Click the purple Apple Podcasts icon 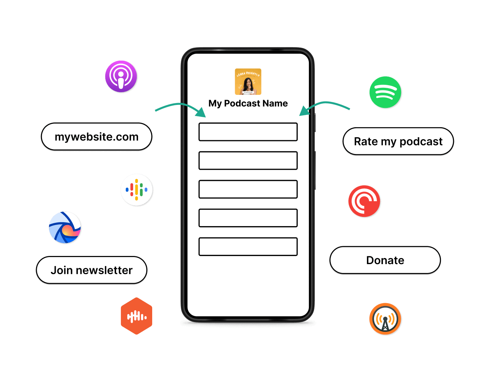(x=121, y=76)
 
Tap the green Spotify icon (x=385, y=92)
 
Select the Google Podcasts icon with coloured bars (x=137, y=189)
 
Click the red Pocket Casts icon (x=364, y=201)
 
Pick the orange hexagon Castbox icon (x=137, y=316)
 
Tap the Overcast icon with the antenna (x=385, y=319)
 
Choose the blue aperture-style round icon (x=65, y=227)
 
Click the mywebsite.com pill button (x=96, y=137)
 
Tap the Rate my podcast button (x=398, y=141)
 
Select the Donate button (x=385, y=260)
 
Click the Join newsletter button (x=92, y=270)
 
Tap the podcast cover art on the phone (x=248, y=81)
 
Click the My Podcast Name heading (x=248, y=103)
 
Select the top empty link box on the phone (x=248, y=132)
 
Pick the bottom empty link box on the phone (x=248, y=247)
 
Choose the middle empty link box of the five (x=248, y=189)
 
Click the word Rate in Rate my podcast (x=366, y=141)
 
